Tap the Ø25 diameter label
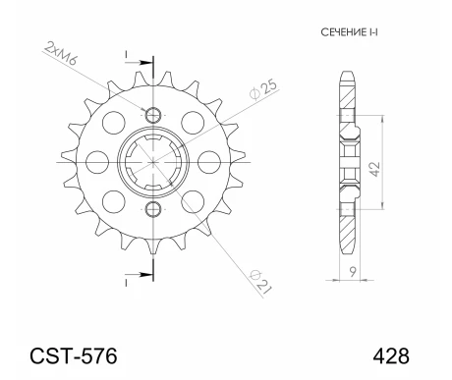(x=262, y=87)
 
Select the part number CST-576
(x=73, y=354)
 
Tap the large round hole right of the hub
(x=207, y=160)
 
